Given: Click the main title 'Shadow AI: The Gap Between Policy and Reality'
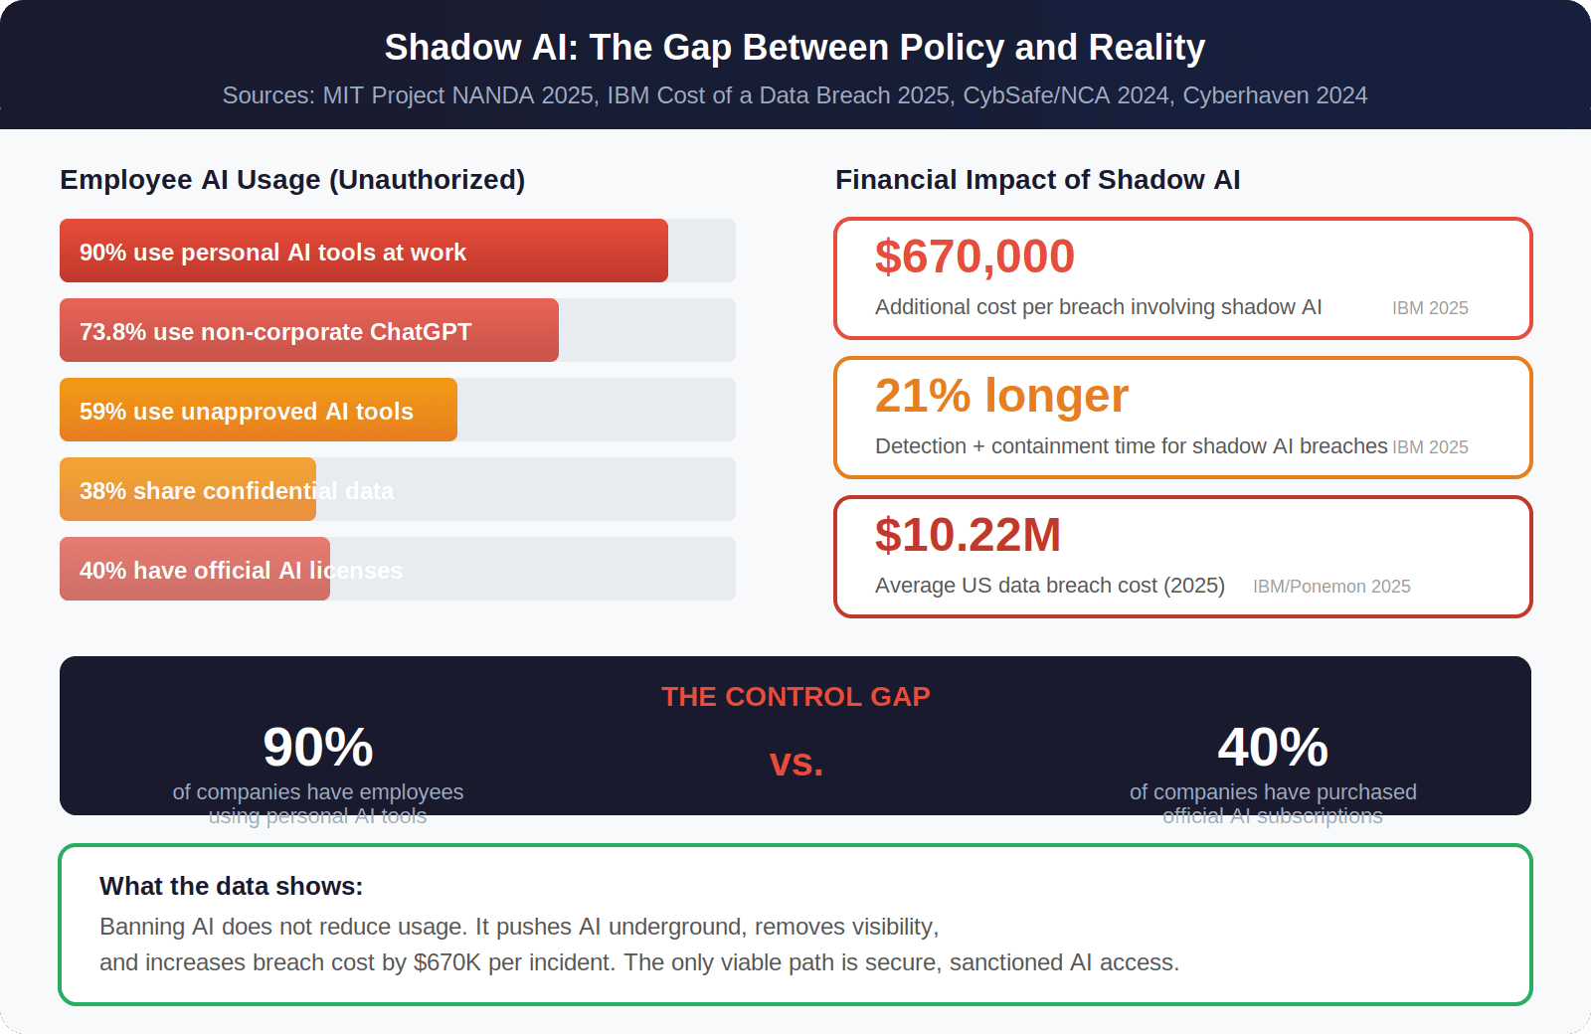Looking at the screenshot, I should click(x=795, y=48).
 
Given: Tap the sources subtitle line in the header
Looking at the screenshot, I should click(x=795, y=95).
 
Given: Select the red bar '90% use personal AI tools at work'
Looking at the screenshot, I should click(x=363, y=251).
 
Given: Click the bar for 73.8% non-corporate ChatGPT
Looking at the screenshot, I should click(x=308, y=330).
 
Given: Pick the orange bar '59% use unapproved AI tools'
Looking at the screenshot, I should click(x=258, y=410).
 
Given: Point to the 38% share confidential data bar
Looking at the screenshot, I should click(x=188, y=489).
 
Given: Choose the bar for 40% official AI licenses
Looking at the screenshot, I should click(x=195, y=569).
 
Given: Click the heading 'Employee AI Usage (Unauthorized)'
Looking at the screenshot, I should click(x=292, y=180).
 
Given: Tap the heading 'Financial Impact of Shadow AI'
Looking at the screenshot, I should click(x=1037, y=180).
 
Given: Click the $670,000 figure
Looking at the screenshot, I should click(x=974, y=257).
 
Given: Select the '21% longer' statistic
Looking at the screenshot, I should click(x=1001, y=396).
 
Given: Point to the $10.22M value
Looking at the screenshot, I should click(x=968, y=535).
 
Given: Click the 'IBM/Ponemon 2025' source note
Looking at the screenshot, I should click(x=1331, y=587).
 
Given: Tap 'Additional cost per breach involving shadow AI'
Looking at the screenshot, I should click(x=1098, y=307).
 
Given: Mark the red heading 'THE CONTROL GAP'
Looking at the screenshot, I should click(x=795, y=697).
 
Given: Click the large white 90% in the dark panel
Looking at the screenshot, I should click(x=318, y=748).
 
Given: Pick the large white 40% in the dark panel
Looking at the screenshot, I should click(x=1273, y=748).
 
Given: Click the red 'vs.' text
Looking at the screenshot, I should click(x=796, y=764).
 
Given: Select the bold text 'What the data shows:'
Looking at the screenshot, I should click(x=232, y=886).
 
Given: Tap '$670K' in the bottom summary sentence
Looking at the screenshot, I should click(x=447, y=962).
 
